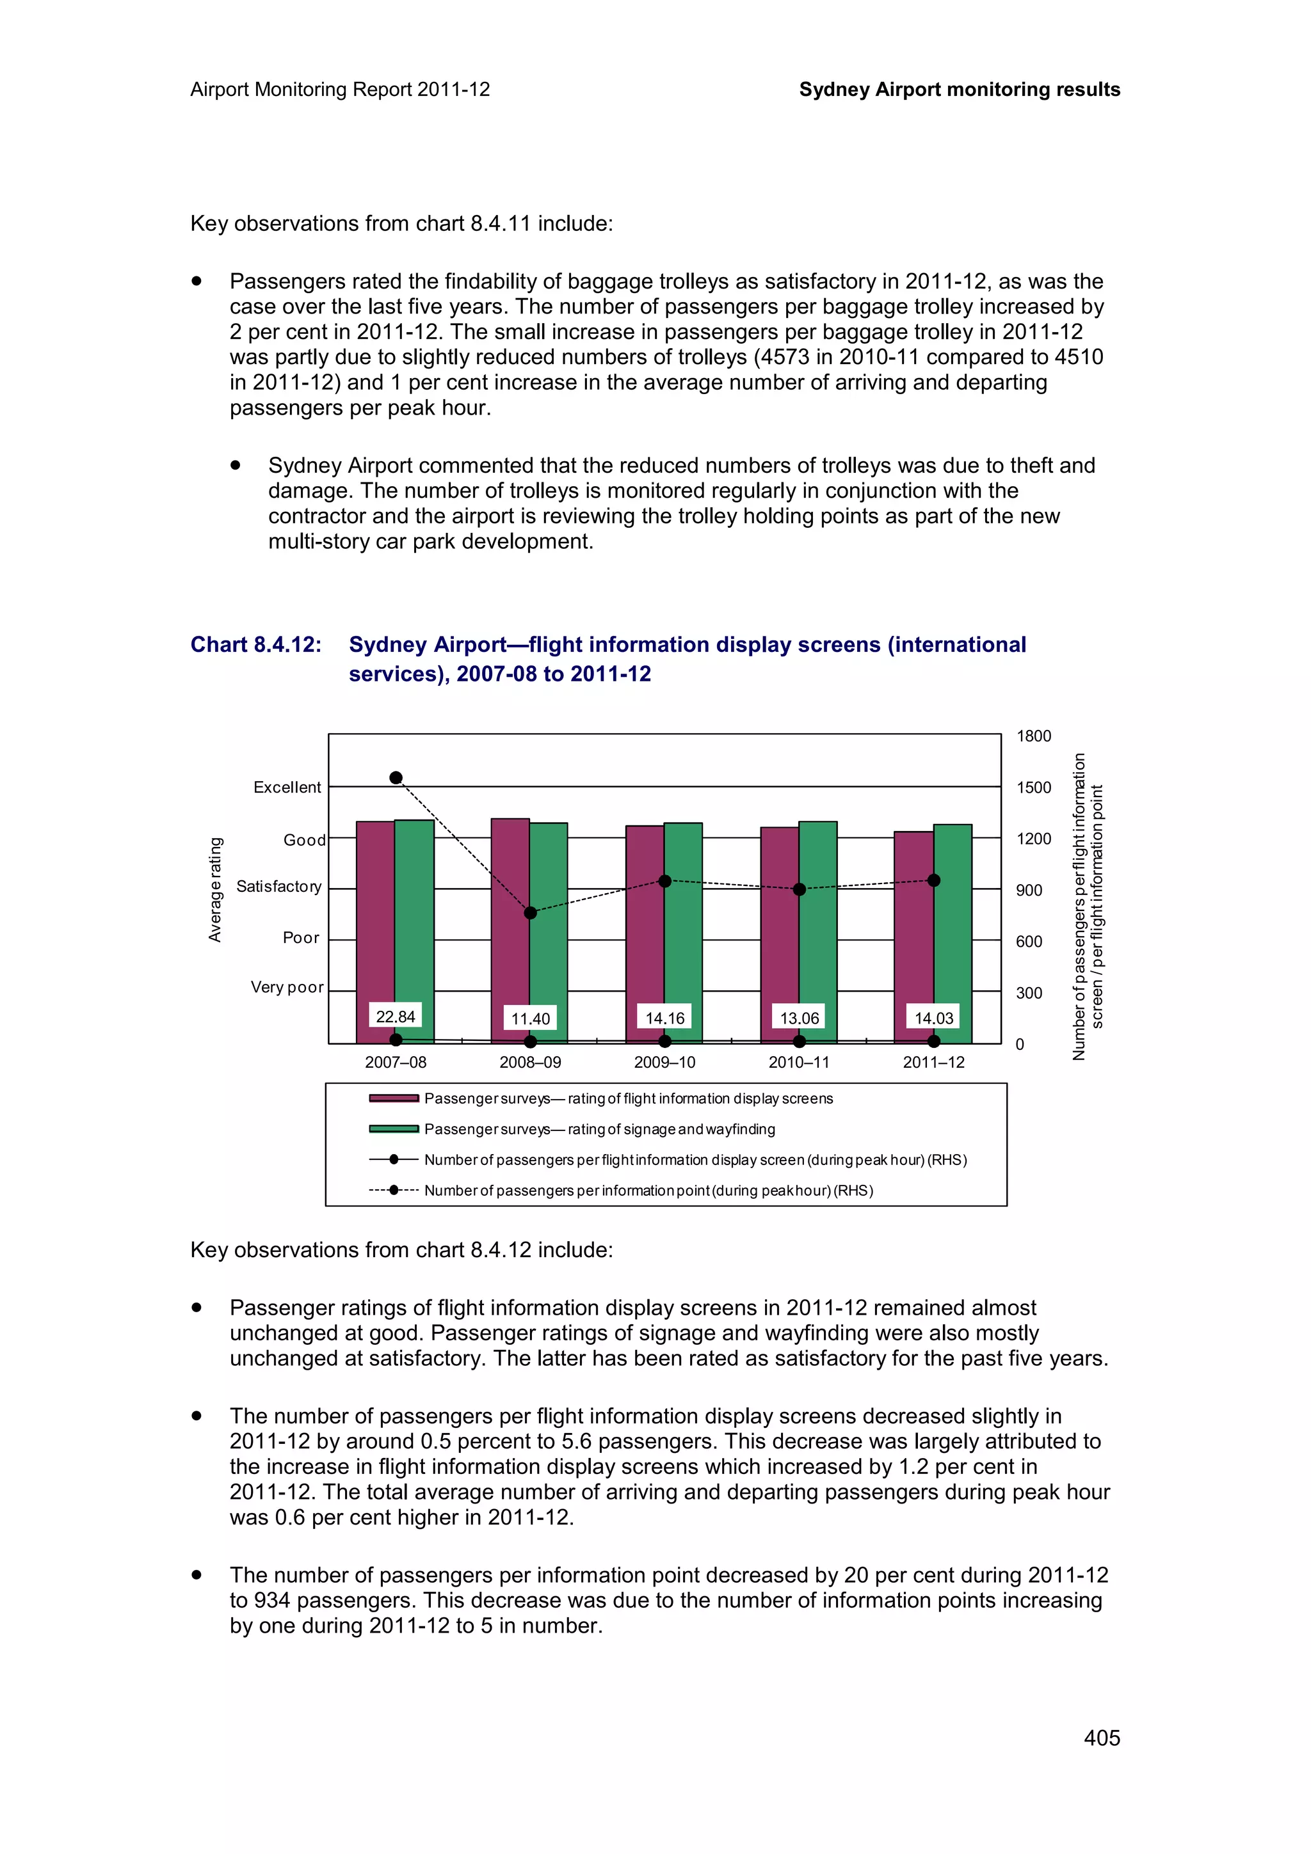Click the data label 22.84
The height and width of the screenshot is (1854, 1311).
[x=395, y=1016]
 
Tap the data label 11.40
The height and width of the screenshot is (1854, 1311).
[x=530, y=1018]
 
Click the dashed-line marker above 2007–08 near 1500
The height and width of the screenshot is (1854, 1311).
[x=396, y=777]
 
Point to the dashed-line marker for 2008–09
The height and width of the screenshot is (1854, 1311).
[x=531, y=912]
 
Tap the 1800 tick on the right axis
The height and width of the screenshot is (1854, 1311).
[x=1033, y=736]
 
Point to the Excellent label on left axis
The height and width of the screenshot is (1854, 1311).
[x=287, y=788]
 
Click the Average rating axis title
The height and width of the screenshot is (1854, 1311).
[x=215, y=889]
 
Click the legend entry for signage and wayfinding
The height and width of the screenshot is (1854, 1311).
[x=599, y=1129]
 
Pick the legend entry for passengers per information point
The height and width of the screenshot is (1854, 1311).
[x=648, y=1190]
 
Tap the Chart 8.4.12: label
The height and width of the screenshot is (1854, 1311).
[x=255, y=644]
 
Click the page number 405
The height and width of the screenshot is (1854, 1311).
[x=1101, y=1738]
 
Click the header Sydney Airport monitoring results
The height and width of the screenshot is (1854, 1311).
[x=959, y=90]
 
